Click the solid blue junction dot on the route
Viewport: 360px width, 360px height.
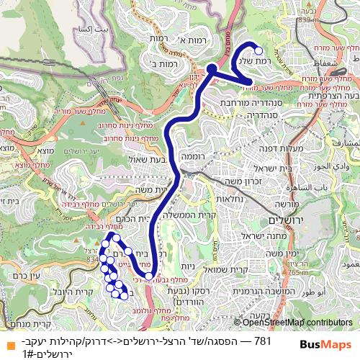click(x=212, y=69)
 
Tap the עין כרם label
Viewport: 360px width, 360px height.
click(x=25, y=274)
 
